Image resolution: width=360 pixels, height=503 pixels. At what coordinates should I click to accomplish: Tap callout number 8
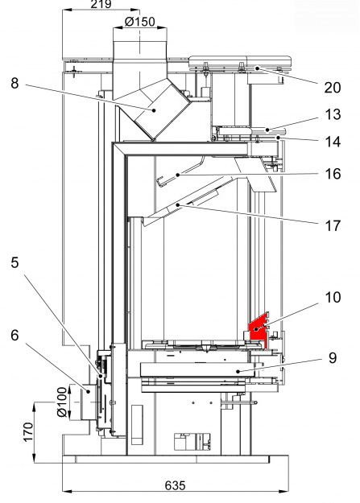coord(14,83)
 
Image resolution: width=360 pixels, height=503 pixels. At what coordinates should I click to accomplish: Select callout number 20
coord(333,88)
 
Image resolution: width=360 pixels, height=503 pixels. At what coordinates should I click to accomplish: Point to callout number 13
coord(333,114)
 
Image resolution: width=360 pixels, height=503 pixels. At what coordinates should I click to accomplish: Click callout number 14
coord(333,142)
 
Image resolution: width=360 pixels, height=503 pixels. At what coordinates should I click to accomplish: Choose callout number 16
coord(333,174)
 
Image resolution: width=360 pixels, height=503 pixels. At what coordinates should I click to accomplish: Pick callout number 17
coord(333,226)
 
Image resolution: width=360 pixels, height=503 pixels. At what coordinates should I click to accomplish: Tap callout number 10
coord(333,297)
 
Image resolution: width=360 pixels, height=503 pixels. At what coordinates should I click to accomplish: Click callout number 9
coord(333,358)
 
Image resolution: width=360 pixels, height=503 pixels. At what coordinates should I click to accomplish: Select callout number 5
coord(14,262)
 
